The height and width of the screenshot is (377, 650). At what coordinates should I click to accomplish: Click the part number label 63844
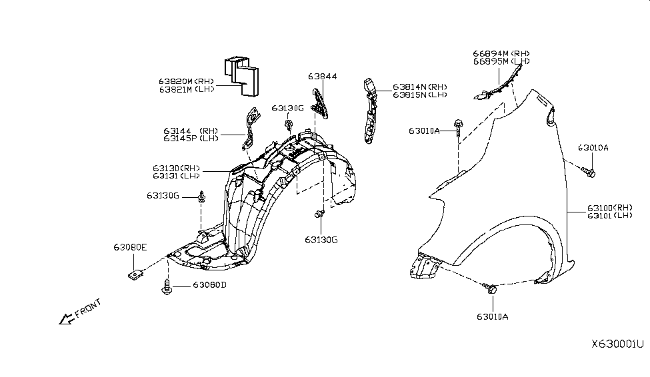[x=323, y=77]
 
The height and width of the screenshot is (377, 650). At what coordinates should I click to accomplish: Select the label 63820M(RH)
[x=186, y=81]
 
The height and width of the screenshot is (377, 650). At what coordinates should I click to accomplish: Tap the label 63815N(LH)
[x=419, y=95]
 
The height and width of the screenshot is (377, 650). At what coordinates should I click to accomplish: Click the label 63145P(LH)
[x=190, y=139]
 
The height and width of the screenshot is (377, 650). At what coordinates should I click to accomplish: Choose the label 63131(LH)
[x=176, y=176]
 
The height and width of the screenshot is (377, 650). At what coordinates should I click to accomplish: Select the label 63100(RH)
[x=609, y=208]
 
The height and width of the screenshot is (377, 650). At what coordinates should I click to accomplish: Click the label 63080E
[x=130, y=247]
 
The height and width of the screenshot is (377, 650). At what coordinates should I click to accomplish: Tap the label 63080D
[x=210, y=285]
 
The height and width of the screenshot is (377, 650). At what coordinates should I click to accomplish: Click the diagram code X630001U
[x=617, y=344]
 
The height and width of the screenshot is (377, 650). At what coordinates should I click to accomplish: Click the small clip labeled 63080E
[x=134, y=273]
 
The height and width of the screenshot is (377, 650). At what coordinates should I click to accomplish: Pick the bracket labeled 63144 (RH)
[x=251, y=127]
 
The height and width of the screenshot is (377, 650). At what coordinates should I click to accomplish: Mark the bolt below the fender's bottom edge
[x=493, y=288]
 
